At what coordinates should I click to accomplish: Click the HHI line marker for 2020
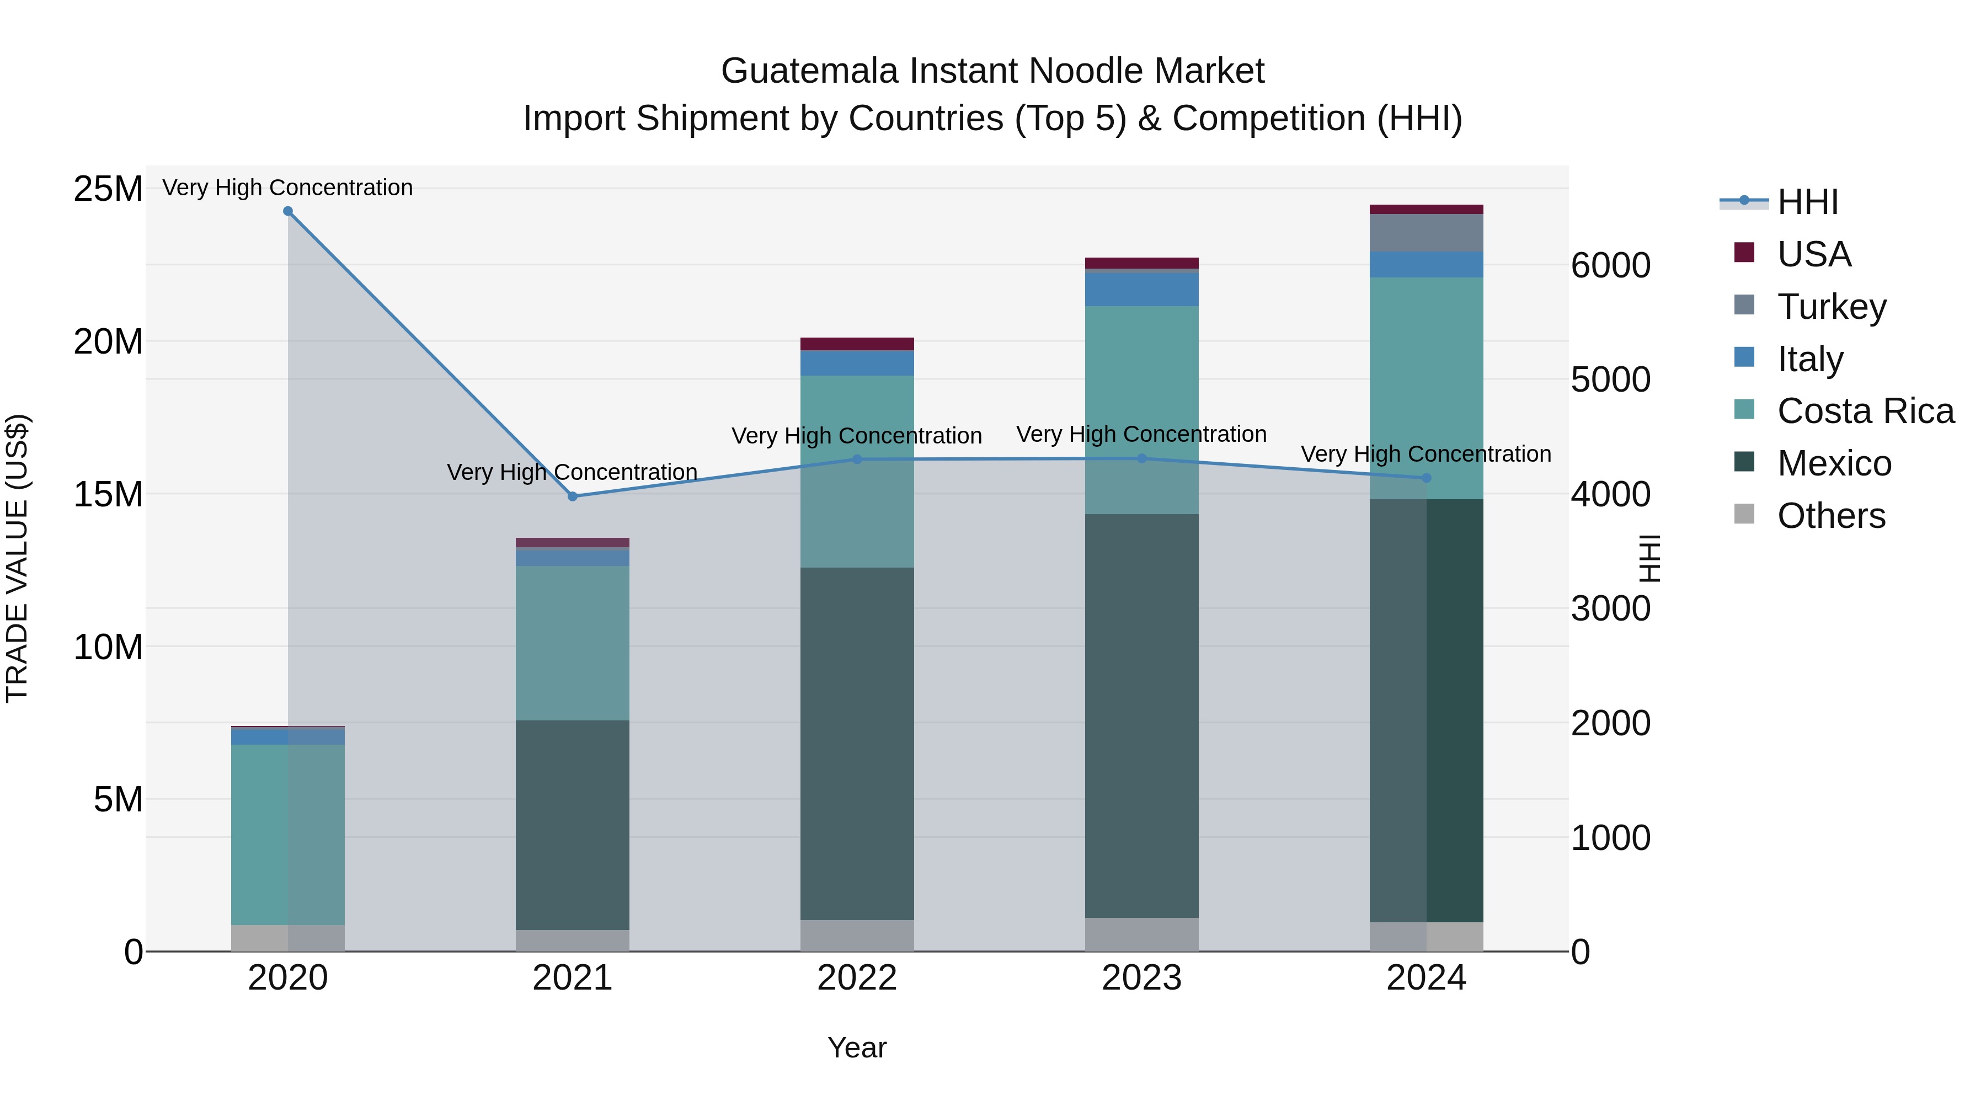tap(287, 211)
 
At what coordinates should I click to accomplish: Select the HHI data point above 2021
tap(572, 496)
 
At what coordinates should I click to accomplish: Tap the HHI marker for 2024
tap(1426, 478)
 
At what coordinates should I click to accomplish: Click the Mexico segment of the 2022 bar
tap(857, 744)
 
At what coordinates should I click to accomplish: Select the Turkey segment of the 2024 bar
tap(1426, 233)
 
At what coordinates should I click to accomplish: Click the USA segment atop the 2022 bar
tap(857, 344)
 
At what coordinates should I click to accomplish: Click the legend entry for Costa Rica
tap(1865, 411)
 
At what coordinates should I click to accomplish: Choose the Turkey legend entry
tap(1831, 306)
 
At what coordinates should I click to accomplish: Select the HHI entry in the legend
tap(1807, 202)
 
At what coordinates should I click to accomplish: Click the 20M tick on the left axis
tap(108, 341)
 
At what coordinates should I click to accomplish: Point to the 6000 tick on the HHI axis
tap(1610, 265)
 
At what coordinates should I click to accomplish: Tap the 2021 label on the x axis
tap(572, 977)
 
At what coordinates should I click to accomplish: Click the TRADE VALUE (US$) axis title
tap(17, 558)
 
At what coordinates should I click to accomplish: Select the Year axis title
tap(857, 1047)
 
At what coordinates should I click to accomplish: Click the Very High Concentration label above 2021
tap(572, 472)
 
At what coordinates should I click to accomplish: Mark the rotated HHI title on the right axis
tap(1649, 558)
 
